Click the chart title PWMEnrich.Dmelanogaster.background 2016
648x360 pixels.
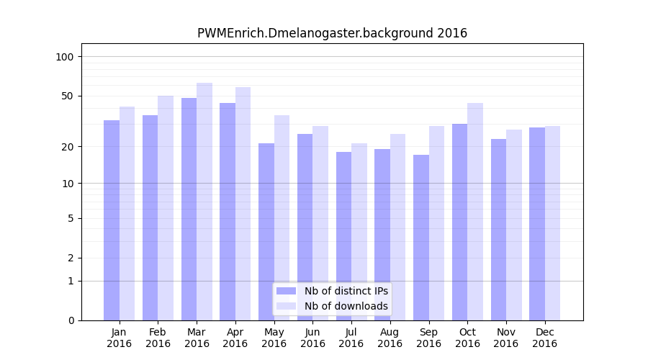tap(332, 33)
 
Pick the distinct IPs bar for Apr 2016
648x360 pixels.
tap(228, 212)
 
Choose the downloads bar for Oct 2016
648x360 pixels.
tap(475, 212)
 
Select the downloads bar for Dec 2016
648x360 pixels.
tap(552, 223)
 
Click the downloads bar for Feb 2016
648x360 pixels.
tap(166, 208)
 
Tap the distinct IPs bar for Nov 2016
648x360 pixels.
tap(498, 230)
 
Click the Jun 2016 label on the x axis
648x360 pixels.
tap(312, 338)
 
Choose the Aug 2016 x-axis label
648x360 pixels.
tap(390, 338)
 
